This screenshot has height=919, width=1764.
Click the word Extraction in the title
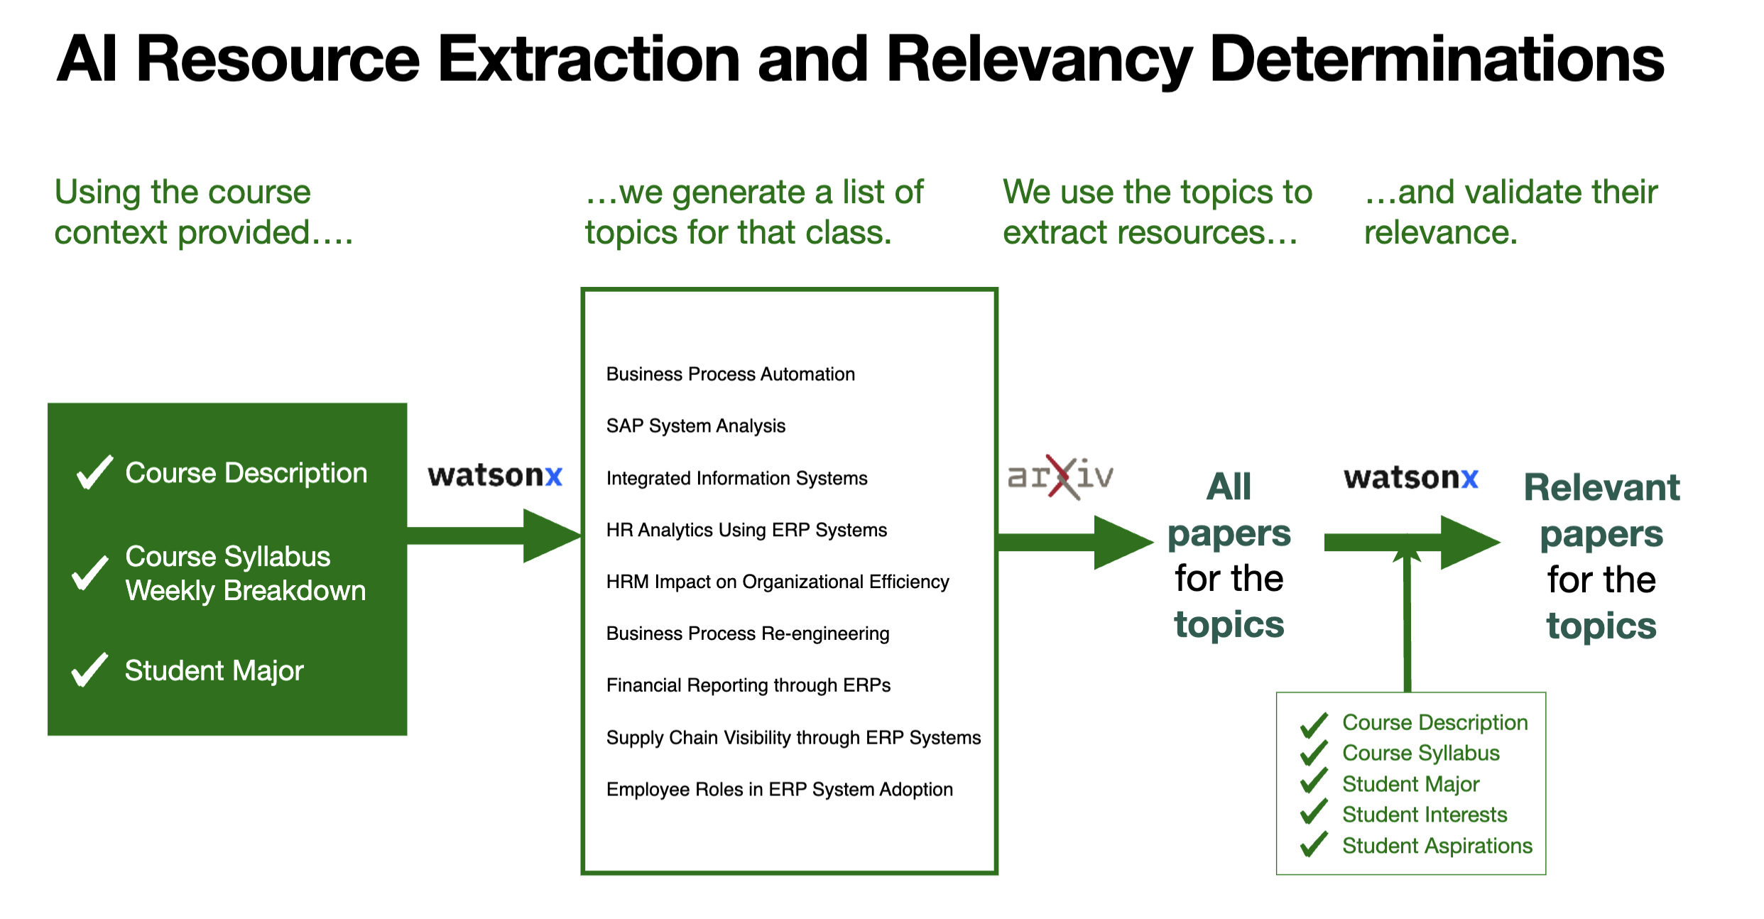tap(589, 60)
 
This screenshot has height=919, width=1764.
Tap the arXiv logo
tap(1060, 477)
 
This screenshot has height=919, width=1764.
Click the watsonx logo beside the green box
tap(495, 475)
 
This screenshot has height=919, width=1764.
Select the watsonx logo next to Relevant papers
tap(1410, 478)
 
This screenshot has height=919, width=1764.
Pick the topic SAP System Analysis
tap(695, 426)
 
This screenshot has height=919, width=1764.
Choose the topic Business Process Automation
tap(730, 374)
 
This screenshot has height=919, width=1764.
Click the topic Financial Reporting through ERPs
tap(748, 685)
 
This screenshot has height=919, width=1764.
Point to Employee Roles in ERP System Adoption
tap(779, 790)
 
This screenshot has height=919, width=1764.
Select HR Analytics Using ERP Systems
tap(746, 530)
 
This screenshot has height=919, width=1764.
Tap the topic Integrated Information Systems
tap(736, 478)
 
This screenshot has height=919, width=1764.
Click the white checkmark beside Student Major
tap(89, 670)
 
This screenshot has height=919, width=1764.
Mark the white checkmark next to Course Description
tap(94, 472)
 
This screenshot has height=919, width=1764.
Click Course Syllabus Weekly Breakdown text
tap(245, 574)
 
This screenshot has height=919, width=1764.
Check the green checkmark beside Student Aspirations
tap(1314, 844)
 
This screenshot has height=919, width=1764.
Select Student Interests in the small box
tap(1424, 815)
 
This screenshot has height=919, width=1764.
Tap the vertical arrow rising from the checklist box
tap(1407, 625)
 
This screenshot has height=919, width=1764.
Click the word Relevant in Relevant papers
tap(1601, 488)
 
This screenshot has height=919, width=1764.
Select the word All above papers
tap(1229, 487)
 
